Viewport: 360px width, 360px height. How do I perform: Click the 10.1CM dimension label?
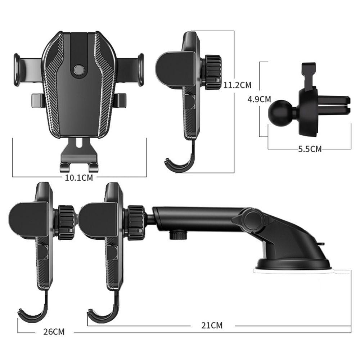coord(79,178)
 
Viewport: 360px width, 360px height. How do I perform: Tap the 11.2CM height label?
coord(237,85)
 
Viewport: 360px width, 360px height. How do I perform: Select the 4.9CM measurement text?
coord(259,99)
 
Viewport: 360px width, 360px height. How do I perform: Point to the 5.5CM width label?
coord(310,149)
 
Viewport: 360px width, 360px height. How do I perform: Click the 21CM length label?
coord(212,325)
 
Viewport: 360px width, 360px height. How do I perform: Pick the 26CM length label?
coord(54,332)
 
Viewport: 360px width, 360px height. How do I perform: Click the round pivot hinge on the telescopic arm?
coord(253,219)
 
